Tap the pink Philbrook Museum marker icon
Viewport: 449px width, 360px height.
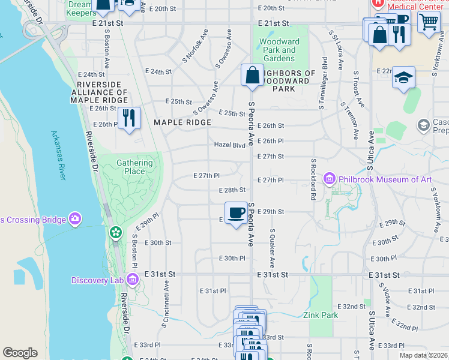329,179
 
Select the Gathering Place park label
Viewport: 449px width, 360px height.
131,167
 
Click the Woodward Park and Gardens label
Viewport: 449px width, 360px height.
280,50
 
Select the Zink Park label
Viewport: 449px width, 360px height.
320,315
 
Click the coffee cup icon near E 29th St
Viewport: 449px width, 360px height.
237,213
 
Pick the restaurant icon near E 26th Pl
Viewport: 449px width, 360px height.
128,118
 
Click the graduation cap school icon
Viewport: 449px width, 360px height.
404,77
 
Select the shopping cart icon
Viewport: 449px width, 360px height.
429,23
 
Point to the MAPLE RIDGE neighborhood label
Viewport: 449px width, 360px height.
182,122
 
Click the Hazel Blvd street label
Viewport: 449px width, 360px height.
231,145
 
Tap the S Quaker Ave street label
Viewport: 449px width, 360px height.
272,247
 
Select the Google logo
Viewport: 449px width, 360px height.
20,352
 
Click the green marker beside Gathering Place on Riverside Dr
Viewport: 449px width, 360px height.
115,232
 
